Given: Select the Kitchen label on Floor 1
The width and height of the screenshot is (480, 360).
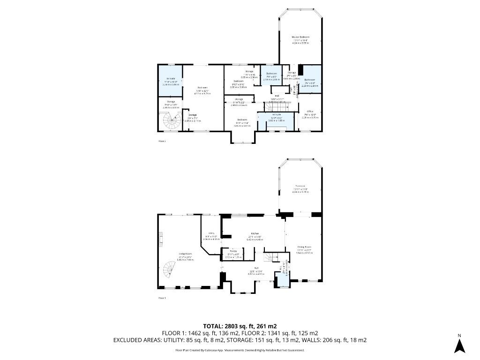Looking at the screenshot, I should click(255, 233).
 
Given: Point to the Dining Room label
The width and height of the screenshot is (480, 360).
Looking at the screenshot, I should click(304, 247).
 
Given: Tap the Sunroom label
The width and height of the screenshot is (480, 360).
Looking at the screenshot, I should click(300, 186).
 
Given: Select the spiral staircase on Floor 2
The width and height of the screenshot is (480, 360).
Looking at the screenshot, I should click(172, 121).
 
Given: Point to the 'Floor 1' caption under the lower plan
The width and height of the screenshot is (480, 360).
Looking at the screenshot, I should click(162, 298).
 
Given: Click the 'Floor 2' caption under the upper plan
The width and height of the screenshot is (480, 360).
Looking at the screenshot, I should click(162, 140).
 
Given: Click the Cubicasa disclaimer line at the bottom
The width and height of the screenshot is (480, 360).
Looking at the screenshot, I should click(240, 350).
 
